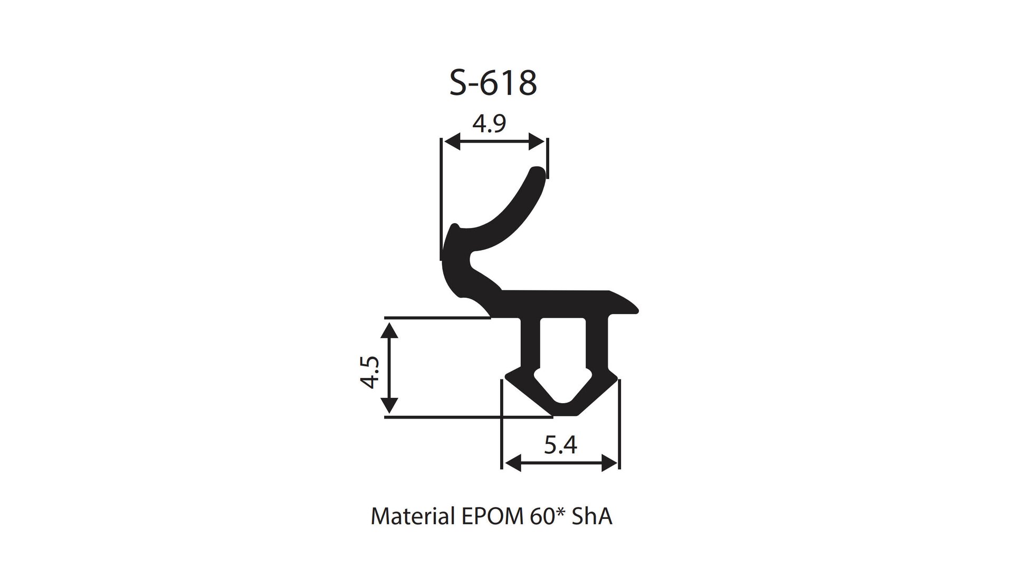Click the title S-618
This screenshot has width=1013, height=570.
[493, 83]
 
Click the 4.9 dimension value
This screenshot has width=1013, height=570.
[489, 123]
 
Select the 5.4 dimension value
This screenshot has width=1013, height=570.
[560, 446]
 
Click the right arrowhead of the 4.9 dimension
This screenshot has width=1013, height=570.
[537, 141]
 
